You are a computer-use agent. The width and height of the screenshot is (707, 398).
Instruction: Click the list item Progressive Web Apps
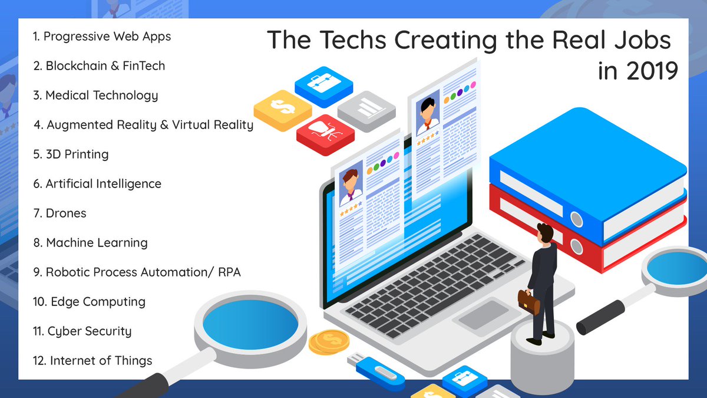coord(102,37)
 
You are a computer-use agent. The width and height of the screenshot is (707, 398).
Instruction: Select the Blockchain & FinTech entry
coord(99,66)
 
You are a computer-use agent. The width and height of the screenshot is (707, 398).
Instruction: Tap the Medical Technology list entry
coord(95,96)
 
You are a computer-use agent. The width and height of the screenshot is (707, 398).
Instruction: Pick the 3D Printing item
coord(71,154)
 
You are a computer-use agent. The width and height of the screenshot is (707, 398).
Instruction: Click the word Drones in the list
coord(66,213)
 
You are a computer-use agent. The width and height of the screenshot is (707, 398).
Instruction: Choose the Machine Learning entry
coord(90,243)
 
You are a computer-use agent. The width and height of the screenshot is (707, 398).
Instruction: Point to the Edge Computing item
coord(90,302)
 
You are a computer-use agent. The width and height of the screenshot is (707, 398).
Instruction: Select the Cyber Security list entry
coord(82,331)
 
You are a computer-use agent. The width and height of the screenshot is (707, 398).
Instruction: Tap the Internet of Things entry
coord(93,361)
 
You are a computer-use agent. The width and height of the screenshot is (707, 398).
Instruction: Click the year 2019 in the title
coord(649,71)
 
